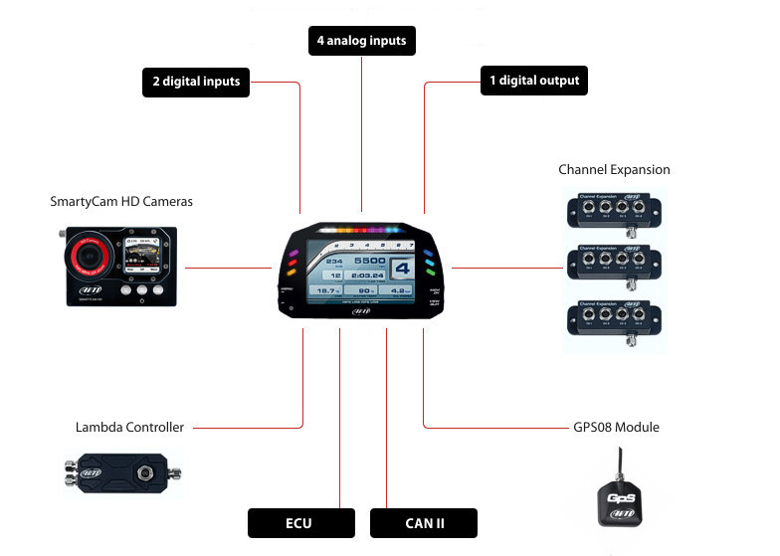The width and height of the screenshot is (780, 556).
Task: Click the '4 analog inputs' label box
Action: [361, 42]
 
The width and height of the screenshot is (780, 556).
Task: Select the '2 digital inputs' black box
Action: [196, 81]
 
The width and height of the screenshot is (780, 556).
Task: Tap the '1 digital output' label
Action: [533, 81]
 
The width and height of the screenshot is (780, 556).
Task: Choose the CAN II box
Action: [424, 523]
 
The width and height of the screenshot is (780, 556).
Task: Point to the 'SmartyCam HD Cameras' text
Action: [121, 201]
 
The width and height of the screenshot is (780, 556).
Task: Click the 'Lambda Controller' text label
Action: [129, 427]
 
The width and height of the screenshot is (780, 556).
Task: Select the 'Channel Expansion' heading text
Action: [614, 169]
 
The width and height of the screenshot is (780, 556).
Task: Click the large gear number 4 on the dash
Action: [402, 268]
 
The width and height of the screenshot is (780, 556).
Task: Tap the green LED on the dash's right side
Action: [430, 265]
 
